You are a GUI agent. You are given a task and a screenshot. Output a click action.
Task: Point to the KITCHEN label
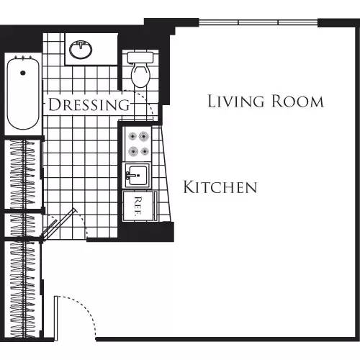click(x=220, y=188)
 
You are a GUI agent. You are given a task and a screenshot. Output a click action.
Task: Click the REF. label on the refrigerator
click(x=136, y=204)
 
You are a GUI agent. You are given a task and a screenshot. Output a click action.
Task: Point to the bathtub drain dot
click(x=22, y=72)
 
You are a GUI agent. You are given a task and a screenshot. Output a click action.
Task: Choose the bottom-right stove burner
click(x=144, y=151)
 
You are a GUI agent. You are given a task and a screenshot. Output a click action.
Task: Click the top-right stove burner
click(x=144, y=136)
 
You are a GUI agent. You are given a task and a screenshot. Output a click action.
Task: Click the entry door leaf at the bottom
click(x=55, y=317)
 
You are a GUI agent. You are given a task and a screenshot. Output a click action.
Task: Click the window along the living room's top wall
click(x=258, y=23)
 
